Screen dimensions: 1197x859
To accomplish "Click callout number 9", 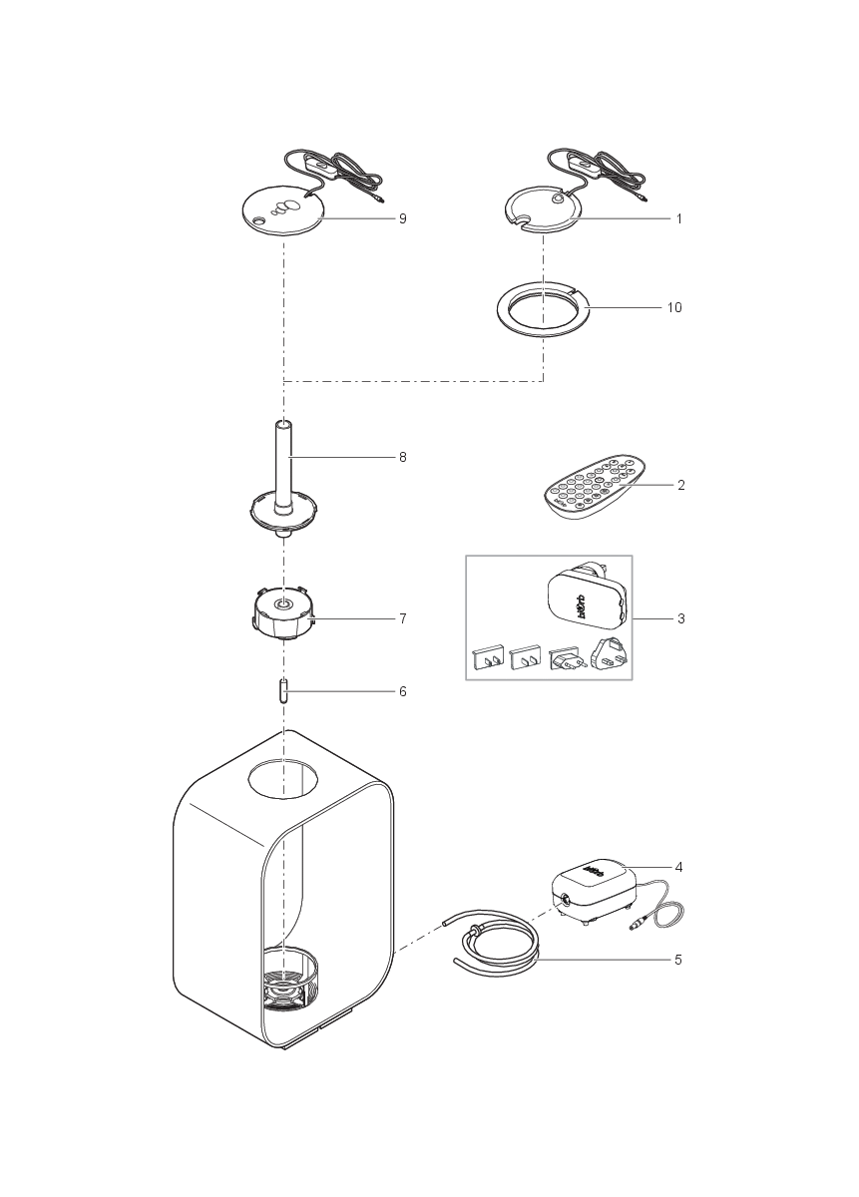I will coord(402,218).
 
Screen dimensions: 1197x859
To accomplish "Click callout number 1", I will coord(678,218).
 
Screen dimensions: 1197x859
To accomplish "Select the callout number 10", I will coord(674,308).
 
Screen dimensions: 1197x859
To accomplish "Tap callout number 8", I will coord(402,458).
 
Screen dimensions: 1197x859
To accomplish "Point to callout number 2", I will coord(680,486).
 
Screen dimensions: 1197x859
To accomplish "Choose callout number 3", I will coord(680,618).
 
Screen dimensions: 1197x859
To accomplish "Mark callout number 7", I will coord(402,618).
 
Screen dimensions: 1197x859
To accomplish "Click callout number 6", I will coord(402,691).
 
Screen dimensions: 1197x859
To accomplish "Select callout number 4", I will coord(678,867).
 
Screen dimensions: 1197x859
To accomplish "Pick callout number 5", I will coord(678,961).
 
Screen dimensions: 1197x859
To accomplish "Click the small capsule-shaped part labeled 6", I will coord(284,691).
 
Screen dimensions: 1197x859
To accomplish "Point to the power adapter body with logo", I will coord(583,602).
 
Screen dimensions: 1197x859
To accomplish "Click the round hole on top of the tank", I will coord(285,779).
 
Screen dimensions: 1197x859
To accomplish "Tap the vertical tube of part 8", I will coord(284,459).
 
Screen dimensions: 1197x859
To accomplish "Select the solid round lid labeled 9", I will coord(284,211).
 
